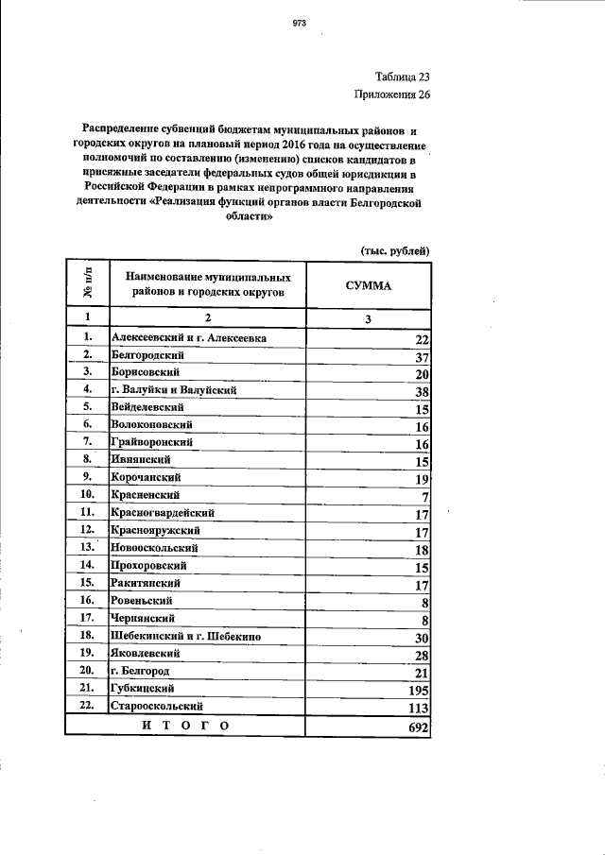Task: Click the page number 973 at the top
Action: [x=301, y=21]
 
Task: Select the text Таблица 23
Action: [x=403, y=77]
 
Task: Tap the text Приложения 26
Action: [x=391, y=94]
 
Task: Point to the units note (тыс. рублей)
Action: [x=396, y=250]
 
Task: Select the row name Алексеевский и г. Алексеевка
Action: [x=189, y=337]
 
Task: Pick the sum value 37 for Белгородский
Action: [x=422, y=356]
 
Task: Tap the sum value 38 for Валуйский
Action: [x=422, y=391]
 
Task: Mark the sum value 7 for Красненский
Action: [x=425, y=497]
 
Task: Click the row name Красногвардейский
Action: [x=164, y=512]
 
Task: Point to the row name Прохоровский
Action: [x=147, y=565]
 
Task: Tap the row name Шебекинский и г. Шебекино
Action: [x=186, y=636]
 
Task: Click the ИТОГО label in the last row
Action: [x=185, y=726]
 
